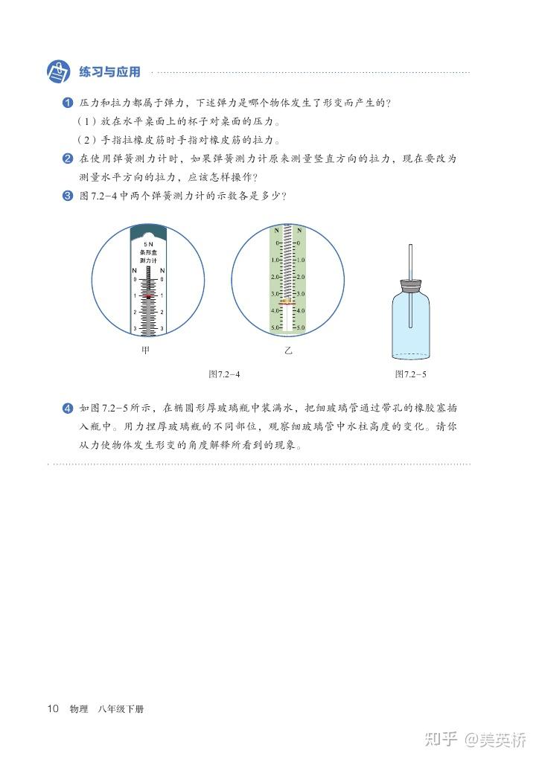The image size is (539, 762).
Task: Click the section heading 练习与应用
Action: (x=110, y=72)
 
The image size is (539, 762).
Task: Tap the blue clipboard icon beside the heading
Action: (x=59, y=72)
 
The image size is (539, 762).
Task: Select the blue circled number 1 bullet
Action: (x=68, y=103)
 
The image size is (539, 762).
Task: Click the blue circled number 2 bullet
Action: (x=68, y=159)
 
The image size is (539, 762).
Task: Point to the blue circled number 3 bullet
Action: (x=68, y=196)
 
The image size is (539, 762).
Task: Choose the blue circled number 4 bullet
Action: (x=68, y=409)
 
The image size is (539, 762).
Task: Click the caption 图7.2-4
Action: (x=224, y=374)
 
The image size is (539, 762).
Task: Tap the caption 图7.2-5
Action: (x=411, y=374)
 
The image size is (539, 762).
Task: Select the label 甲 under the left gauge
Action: (x=145, y=350)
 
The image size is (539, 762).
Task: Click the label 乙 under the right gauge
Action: (x=288, y=350)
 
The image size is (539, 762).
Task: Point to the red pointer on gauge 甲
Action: (x=148, y=295)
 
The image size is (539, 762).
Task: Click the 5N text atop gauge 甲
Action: (x=148, y=244)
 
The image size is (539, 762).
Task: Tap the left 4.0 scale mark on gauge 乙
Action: (x=275, y=310)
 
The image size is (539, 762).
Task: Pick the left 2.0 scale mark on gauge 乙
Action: (x=275, y=277)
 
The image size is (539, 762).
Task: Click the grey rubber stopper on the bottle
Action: (x=411, y=285)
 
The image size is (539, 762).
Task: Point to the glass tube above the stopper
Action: (x=411, y=262)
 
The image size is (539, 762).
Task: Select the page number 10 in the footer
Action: (x=53, y=708)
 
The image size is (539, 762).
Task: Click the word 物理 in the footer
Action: (x=79, y=709)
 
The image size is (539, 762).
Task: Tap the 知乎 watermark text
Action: (x=441, y=740)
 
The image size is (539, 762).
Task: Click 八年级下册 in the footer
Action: (x=121, y=709)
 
